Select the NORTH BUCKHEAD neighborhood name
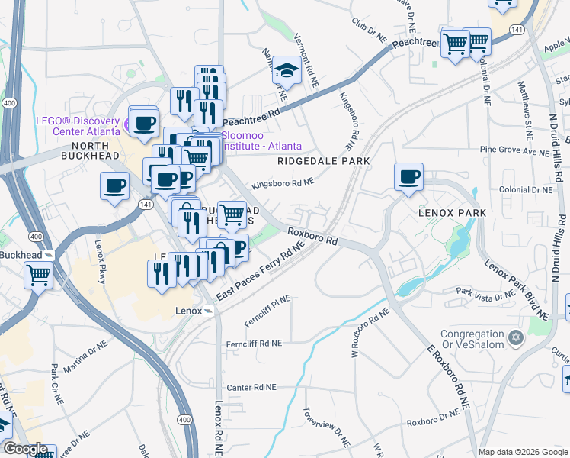coord(95,156)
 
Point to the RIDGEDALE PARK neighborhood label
coord(324,161)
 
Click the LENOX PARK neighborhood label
coord(450,214)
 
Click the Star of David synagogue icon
coord(516,336)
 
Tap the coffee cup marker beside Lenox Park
coord(408,177)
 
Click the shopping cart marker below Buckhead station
coord(38,275)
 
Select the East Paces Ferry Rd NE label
coord(260,271)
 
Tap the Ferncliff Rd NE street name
coord(255,344)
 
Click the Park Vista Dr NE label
coord(485,294)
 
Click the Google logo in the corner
coord(25,450)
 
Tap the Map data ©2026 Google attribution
coord(522,452)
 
